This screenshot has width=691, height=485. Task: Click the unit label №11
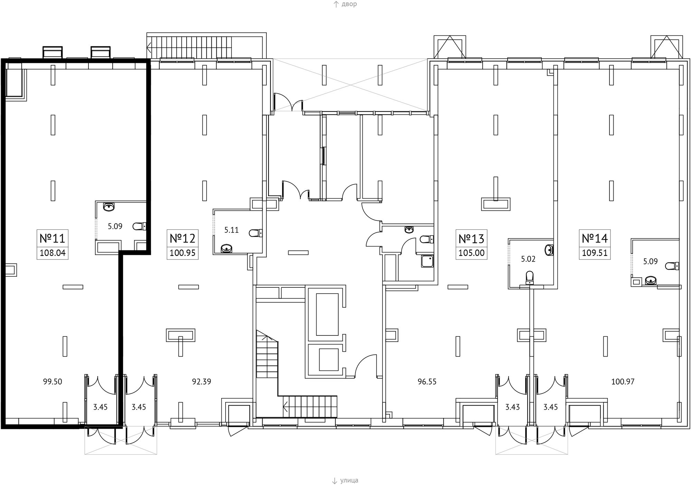click(53, 238)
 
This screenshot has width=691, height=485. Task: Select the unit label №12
click(182, 238)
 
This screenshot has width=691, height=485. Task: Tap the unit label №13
click(471, 238)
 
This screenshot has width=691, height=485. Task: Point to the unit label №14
click(595, 238)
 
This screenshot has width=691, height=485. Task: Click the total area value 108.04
click(53, 253)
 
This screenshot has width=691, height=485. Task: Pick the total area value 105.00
click(471, 253)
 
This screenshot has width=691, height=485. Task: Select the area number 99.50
click(53, 382)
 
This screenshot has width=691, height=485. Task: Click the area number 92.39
click(201, 382)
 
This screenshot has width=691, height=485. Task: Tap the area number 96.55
click(427, 382)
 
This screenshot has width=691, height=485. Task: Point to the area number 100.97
click(623, 382)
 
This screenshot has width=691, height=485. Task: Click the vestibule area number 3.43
click(512, 407)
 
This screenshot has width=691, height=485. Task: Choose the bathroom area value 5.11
click(231, 230)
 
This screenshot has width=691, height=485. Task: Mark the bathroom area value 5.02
click(528, 259)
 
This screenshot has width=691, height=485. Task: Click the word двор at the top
click(349, 4)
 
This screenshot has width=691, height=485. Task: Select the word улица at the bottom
click(349, 481)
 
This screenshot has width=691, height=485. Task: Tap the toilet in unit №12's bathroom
click(256, 233)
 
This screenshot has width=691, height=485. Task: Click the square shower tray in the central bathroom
click(427, 261)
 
